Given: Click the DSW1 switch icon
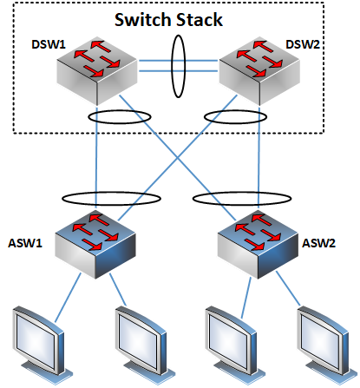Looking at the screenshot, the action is tap(97, 71).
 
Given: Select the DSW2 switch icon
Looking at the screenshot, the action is tap(259, 71).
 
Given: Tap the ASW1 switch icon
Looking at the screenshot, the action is tap(95, 245).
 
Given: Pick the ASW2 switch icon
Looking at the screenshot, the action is tap(258, 245).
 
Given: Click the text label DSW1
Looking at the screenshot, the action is tap(49, 44).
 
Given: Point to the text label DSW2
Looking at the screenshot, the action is tap(303, 44).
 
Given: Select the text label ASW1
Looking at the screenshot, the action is tap(25, 243).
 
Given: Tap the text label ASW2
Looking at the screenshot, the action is tap(318, 243).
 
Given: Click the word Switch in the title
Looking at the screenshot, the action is tap(143, 20).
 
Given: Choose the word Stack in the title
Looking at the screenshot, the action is tap(200, 20).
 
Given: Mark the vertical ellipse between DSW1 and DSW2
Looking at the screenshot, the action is tap(172, 67).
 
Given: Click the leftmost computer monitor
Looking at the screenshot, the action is tap(41, 345).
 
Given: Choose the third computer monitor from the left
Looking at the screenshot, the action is tap(234, 345).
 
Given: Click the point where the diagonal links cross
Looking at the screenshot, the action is tap(178, 158).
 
